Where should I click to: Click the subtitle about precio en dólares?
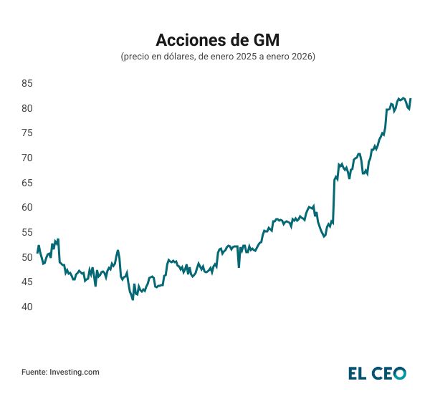[x=215, y=56]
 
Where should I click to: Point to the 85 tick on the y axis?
[x=27, y=83]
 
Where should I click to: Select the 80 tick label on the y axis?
[x=27, y=108]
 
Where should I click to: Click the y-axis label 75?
[x=27, y=133]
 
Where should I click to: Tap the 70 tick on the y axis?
[x=27, y=158]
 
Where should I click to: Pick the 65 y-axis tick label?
[x=27, y=183]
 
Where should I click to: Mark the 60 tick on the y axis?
[x=27, y=207]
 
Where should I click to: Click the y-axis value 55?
[x=27, y=232]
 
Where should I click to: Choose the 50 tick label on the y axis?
[x=27, y=257]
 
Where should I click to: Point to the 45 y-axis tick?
[x=27, y=282]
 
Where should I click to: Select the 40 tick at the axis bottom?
[x=27, y=307]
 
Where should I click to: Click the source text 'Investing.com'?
[x=75, y=372]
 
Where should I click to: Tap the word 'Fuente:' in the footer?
[x=34, y=372]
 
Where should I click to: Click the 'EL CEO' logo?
[x=377, y=373]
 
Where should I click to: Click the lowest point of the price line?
[x=133, y=299]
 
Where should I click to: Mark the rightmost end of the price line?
[x=411, y=99]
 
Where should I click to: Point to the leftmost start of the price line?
[x=37, y=252]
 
